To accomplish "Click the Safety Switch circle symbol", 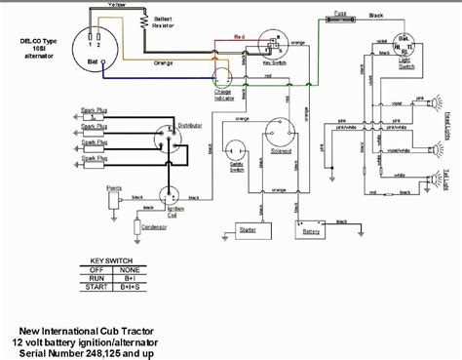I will coord(236,148).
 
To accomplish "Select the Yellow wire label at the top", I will coord(117,5).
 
